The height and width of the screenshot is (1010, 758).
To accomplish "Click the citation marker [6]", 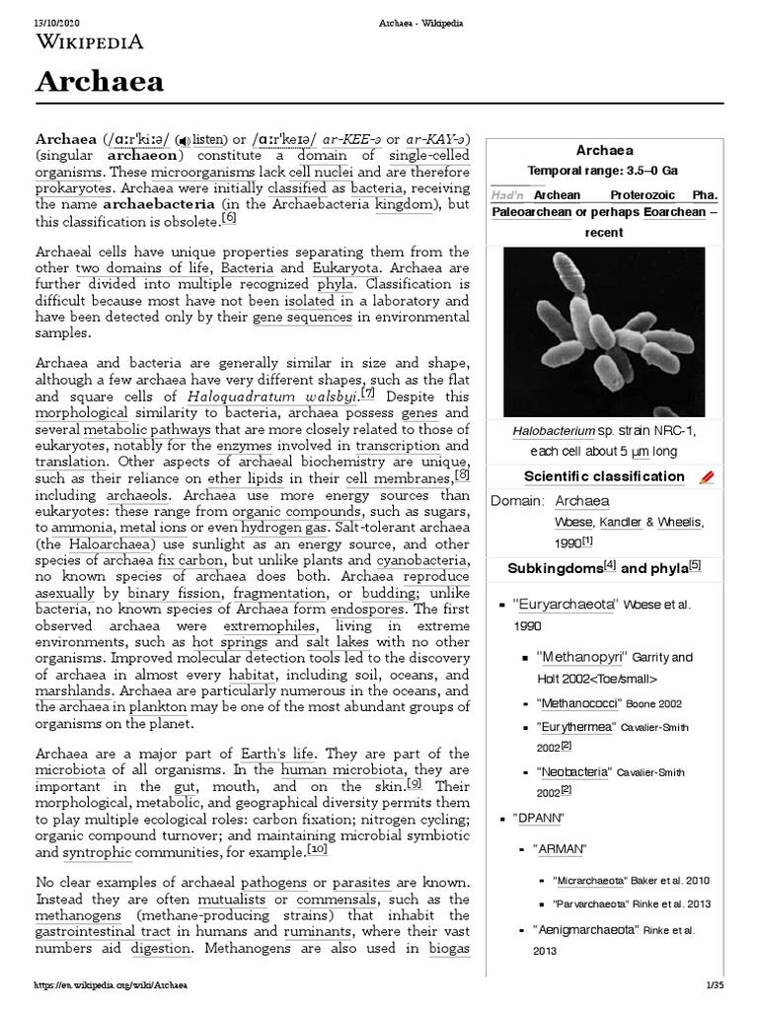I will click(230, 217).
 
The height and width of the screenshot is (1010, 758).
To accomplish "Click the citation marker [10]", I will click(317, 849).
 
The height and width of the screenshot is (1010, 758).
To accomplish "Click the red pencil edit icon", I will click(705, 477).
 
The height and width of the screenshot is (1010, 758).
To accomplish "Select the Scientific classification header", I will click(590, 476).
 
